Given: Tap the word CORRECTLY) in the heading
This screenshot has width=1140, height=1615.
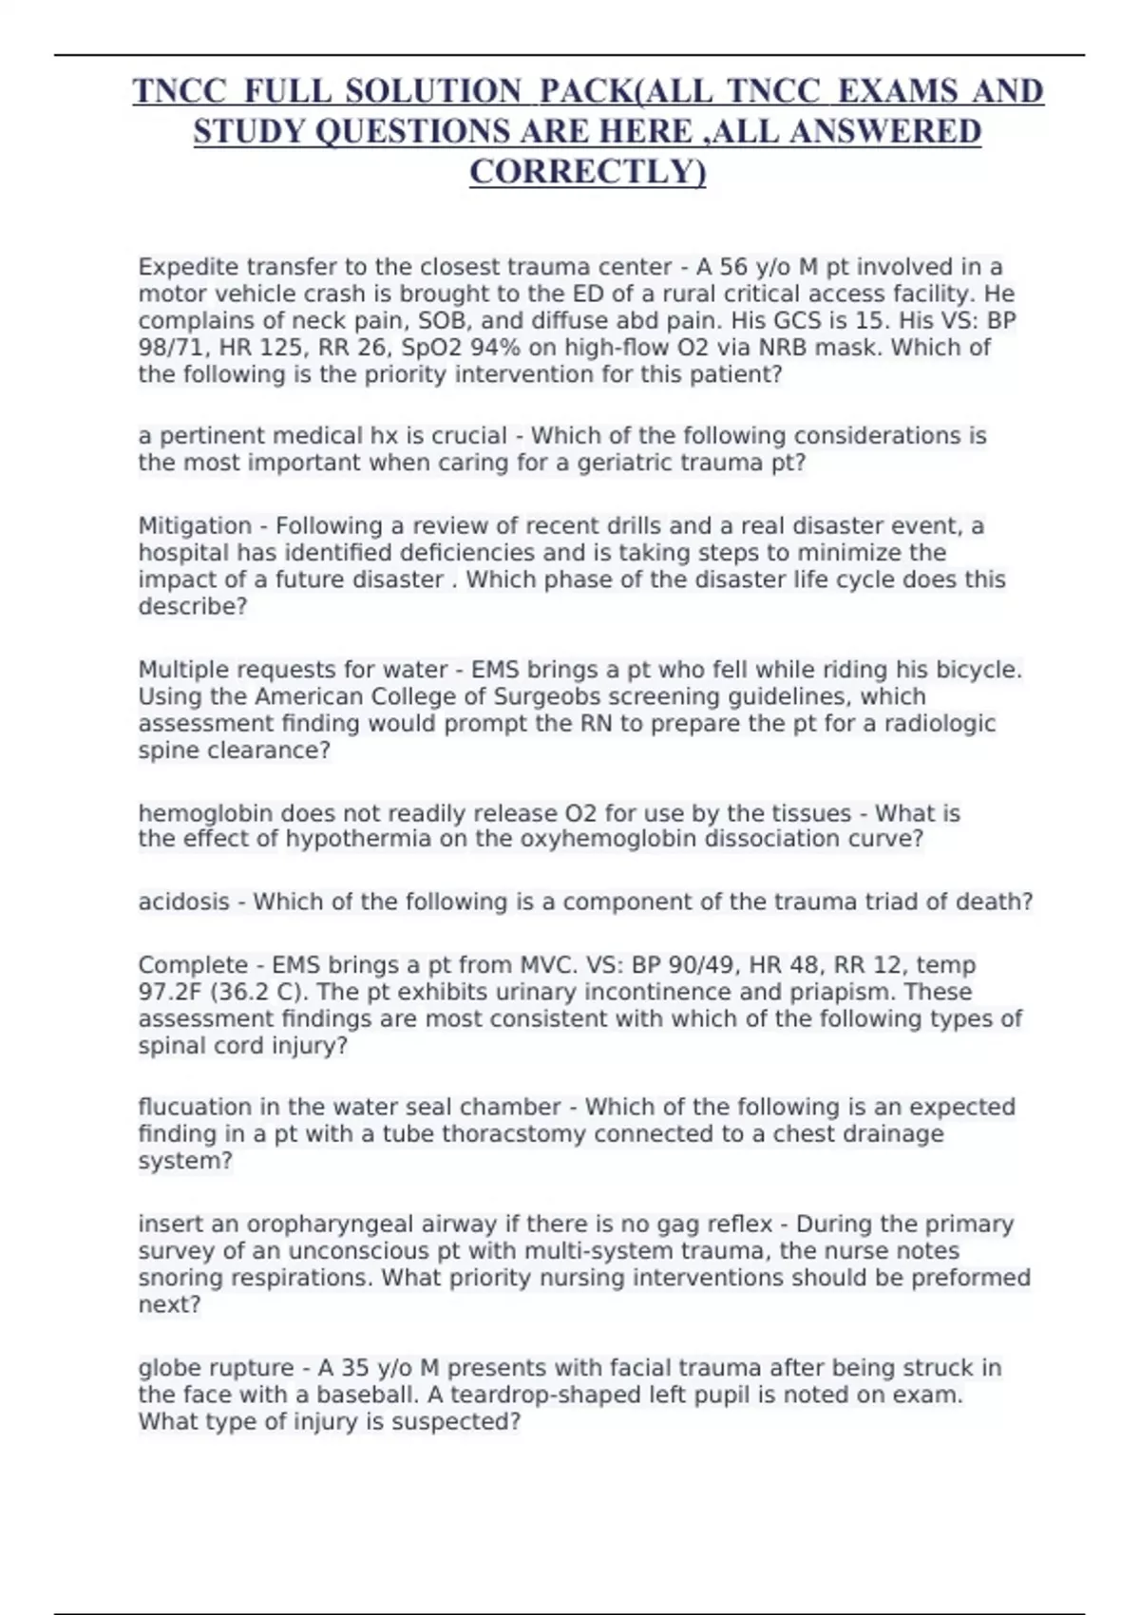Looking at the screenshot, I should click(588, 172).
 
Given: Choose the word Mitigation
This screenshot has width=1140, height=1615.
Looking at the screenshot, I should click(194, 526).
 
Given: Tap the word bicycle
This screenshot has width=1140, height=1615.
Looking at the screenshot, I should click(978, 670).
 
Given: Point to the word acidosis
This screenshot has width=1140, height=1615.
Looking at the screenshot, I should click(183, 902).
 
